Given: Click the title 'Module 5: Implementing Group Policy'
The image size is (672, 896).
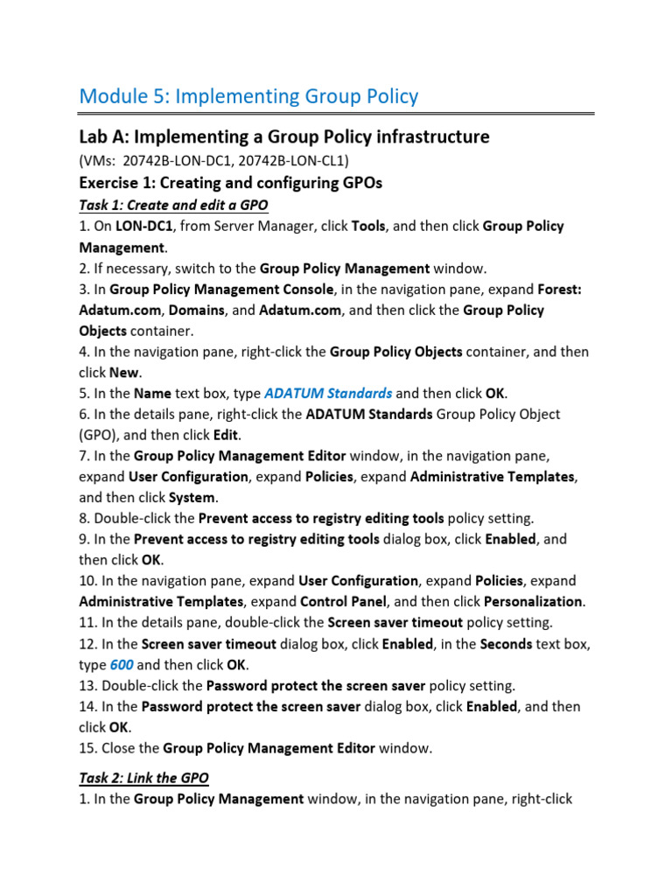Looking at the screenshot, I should (248, 96).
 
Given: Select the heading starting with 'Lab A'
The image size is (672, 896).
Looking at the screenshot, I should (284, 137).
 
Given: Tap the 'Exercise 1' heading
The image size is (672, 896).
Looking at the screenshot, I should (230, 183).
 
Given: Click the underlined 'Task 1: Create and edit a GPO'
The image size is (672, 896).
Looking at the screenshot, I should (173, 205).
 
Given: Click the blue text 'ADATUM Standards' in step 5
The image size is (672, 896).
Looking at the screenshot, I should (327, 393).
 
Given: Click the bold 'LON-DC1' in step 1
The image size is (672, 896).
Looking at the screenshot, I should (146, 226).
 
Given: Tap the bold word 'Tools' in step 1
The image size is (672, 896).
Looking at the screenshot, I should (368, 226).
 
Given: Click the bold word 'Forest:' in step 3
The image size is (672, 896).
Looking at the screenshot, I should (566, 289).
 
